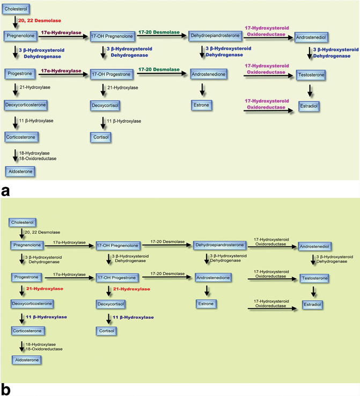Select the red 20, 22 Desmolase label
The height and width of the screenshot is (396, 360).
coord(35,20)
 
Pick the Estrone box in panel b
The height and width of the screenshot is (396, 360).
coord(208,304)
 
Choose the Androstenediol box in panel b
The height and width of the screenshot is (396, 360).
coord(315,246)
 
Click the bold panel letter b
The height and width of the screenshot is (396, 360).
coord(6,390)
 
